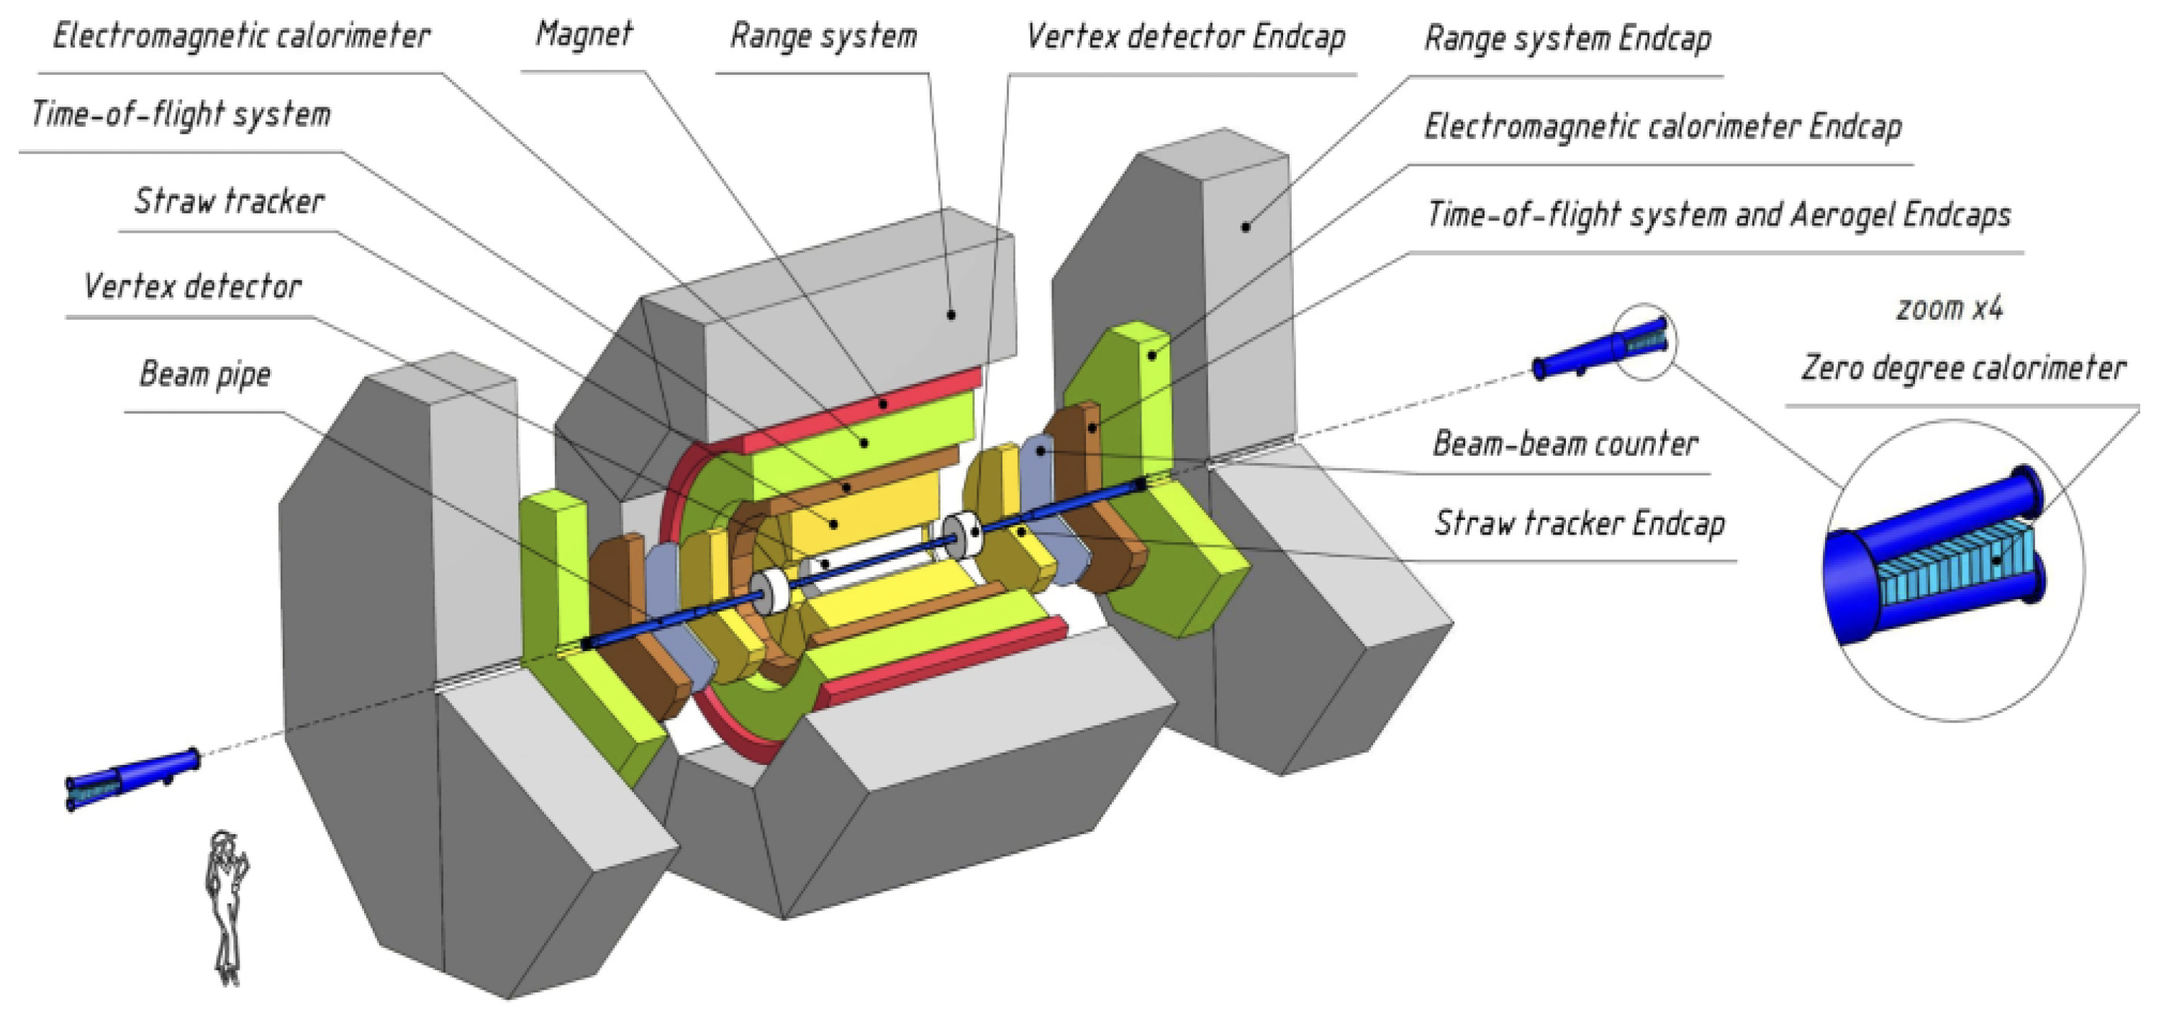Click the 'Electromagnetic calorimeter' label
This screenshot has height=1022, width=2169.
(242, 36)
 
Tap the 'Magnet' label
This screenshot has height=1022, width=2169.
(584, 35)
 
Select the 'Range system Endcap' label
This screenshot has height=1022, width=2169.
(1568, 39)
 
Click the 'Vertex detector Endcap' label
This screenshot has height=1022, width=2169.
(1185, 36)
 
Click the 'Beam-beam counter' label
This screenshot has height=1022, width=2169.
(1565, 444)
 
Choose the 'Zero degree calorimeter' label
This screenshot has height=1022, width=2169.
(1962, 368)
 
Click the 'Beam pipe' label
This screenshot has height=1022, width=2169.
(204, 374)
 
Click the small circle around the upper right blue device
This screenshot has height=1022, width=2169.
(1644, 341)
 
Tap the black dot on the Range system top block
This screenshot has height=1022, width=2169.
(951, 314)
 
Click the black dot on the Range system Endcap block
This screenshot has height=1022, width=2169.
(1245, 226)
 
